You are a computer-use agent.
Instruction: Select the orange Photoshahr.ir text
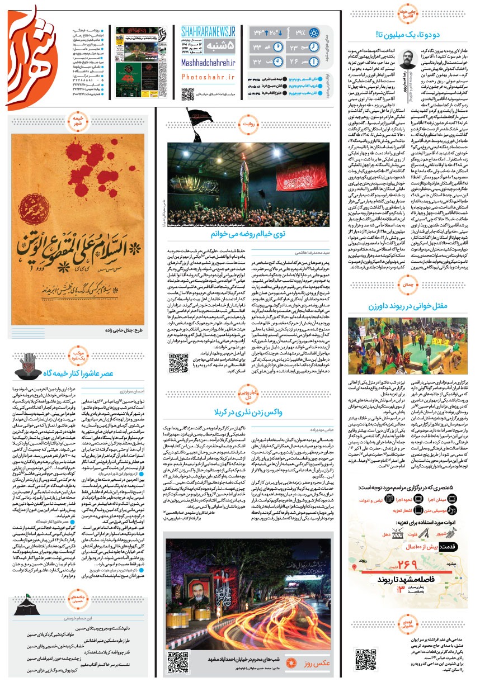click(x=208, y=79)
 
